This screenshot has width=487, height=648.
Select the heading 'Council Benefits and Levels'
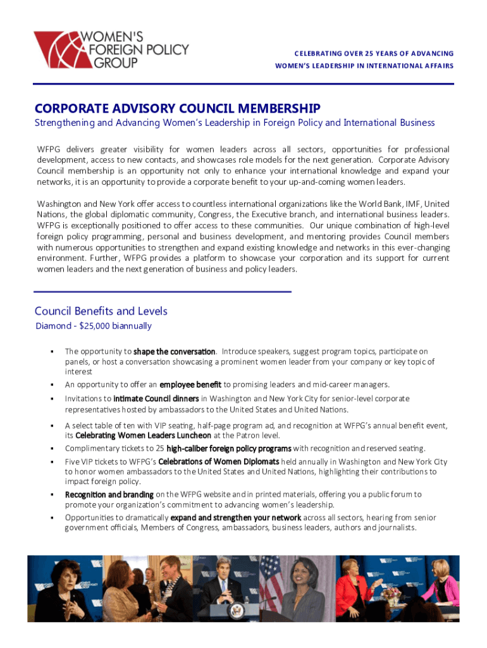[101, 311]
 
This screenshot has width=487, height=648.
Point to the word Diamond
[52, 327]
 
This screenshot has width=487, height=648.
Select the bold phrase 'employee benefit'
[190, 385]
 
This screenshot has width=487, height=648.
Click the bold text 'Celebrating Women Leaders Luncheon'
[143, 435]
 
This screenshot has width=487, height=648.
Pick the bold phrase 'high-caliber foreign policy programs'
[229, 449]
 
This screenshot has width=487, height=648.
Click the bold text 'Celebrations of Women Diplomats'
[218, 462]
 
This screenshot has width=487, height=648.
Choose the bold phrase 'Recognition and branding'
[109, 495]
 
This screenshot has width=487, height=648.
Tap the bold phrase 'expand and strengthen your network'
[236, 518]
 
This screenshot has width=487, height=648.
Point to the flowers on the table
[391, 593]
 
